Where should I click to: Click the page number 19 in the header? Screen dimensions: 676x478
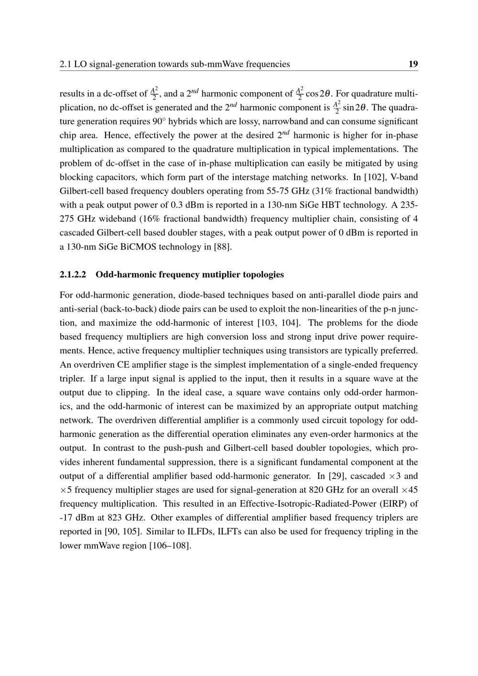point(413,64)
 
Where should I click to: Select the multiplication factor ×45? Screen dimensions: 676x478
point(410,490)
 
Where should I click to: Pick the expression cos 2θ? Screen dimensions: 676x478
point(318,94)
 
